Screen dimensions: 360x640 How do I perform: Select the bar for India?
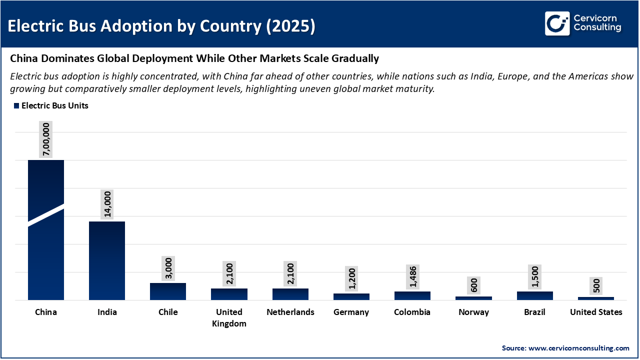(x=107, y=260)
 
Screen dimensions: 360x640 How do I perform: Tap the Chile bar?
(x=168, y=291)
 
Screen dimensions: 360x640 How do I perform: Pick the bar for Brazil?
(x=534, y=295)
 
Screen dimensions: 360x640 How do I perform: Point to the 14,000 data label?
(x=107, y=204)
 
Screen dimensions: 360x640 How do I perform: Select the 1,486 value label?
(x=412, y=276)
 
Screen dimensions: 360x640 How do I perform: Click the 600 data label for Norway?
(x=473, y=285)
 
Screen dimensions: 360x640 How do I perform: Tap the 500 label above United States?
(x=595, y=286)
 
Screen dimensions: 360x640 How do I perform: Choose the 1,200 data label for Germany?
(x=351, y=278)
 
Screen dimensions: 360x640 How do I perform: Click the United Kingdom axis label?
(x=229, y=317)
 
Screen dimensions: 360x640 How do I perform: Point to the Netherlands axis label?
(x=290, y=312)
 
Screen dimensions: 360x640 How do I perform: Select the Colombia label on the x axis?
(x=412, y=312)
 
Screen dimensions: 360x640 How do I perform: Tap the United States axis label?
(x=596, y=312)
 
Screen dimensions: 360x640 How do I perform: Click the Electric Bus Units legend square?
(x=16, y=106)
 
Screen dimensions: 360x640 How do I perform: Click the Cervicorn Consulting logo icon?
(x=557, y=24)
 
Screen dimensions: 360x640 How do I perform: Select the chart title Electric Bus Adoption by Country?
(x=161, y=26)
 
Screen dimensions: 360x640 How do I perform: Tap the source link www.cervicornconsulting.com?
(x=579, y=348)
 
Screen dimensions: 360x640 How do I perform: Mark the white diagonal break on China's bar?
(x=46, y=215)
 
